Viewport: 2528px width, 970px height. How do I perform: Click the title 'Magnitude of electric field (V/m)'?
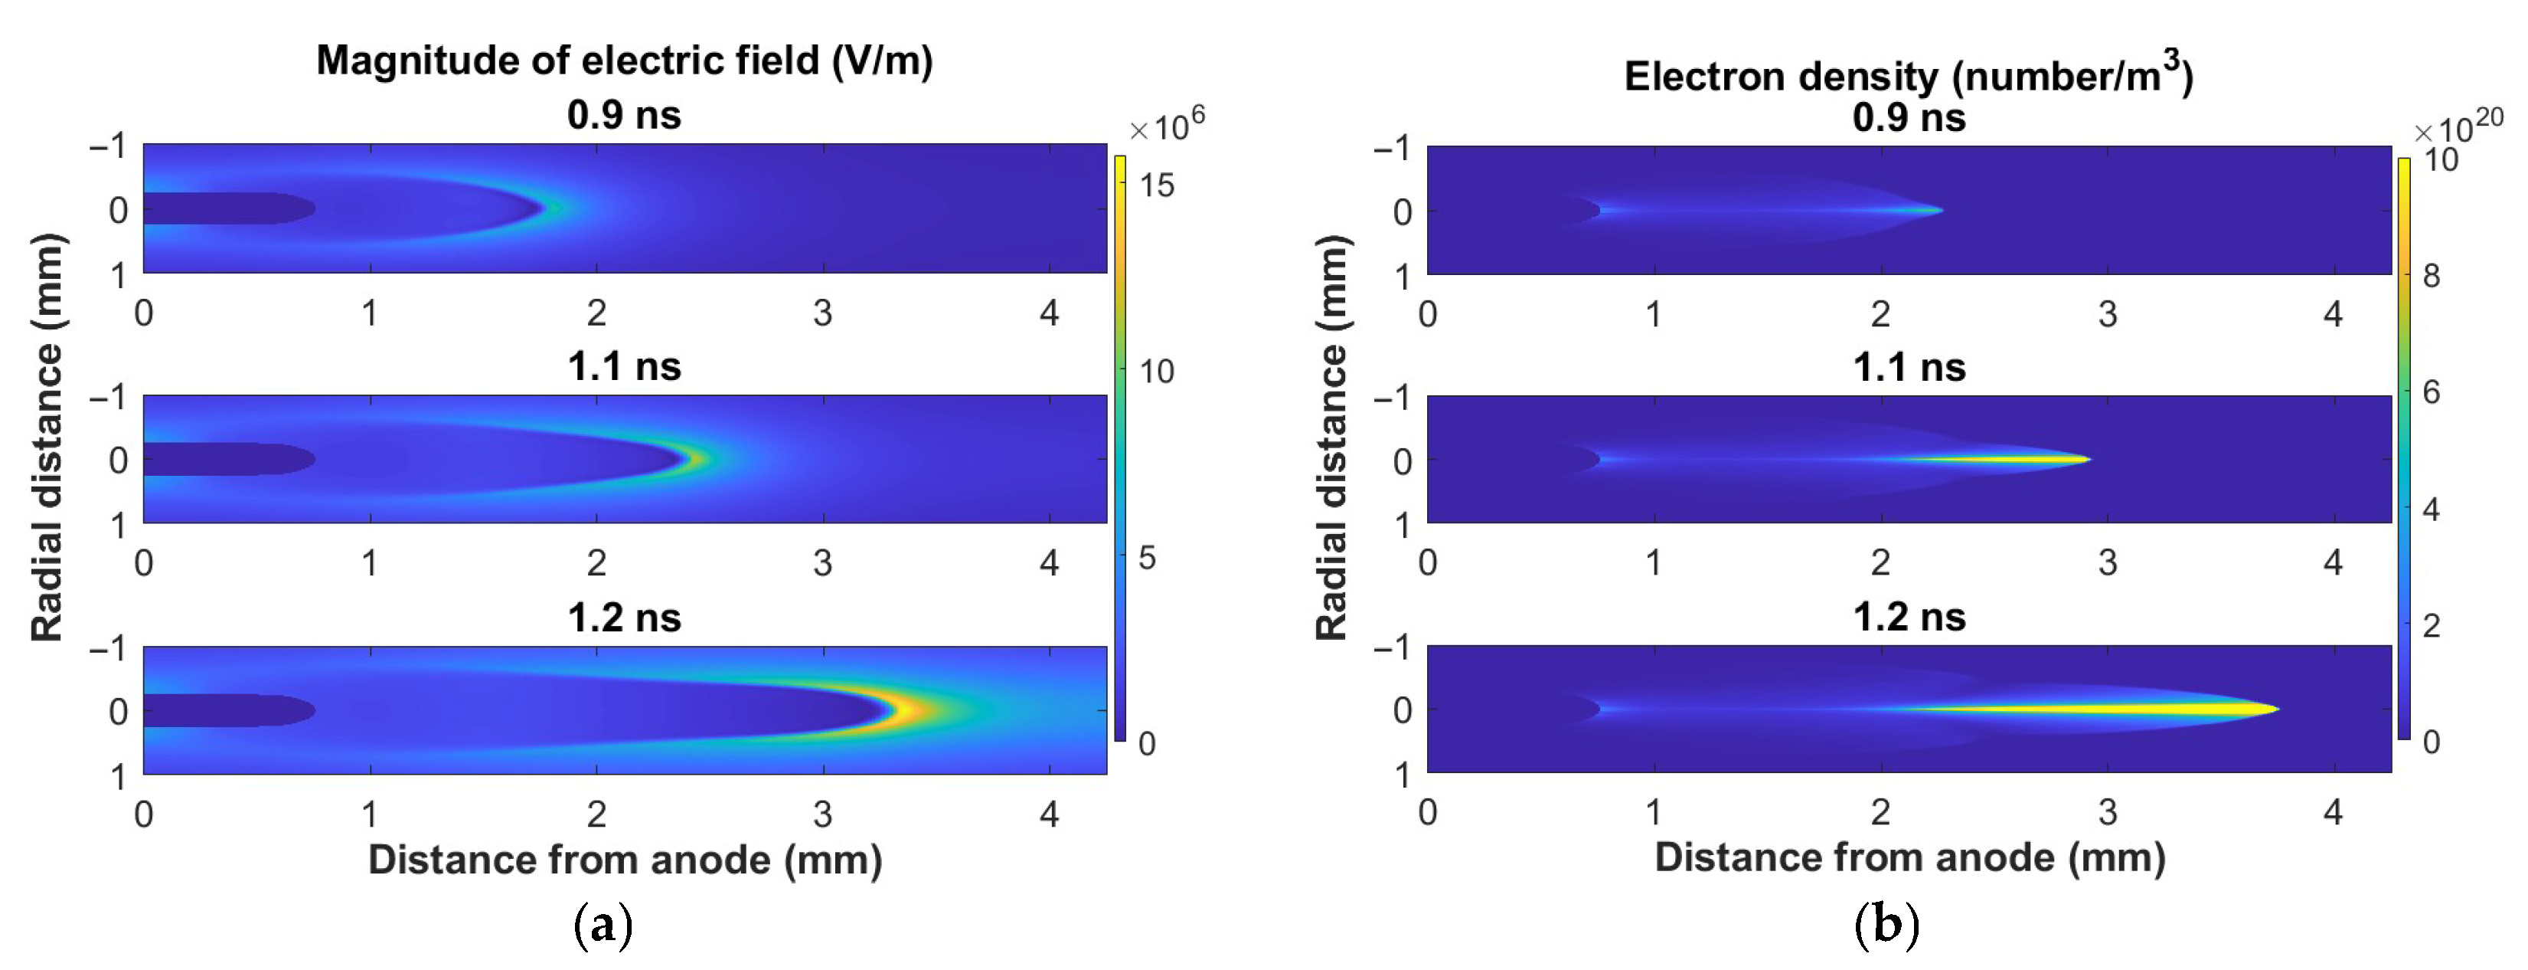click(624, 61)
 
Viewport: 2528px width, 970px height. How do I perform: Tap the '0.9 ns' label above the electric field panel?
click(624, 116)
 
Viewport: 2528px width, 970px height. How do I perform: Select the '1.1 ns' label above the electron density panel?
click(1909, 367)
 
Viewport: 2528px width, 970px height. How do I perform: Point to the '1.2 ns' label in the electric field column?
click(624, 618)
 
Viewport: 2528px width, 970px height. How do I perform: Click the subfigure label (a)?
click(603, 925)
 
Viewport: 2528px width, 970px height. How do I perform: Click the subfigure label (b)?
click(1886, 925)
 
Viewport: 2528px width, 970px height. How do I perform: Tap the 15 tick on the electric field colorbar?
click(1156, 185)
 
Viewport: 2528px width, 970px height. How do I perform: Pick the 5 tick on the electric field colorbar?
click(1146, 558)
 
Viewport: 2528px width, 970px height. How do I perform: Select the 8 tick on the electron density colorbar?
click(2431, 276)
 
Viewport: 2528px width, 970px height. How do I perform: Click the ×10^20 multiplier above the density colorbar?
click(2458, 128)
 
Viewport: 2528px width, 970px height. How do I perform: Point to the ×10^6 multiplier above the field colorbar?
click(1166, 126)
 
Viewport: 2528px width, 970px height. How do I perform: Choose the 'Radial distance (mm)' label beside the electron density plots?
click(1331, 437)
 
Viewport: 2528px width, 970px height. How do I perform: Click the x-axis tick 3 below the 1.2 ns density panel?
click(2107, 813)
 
